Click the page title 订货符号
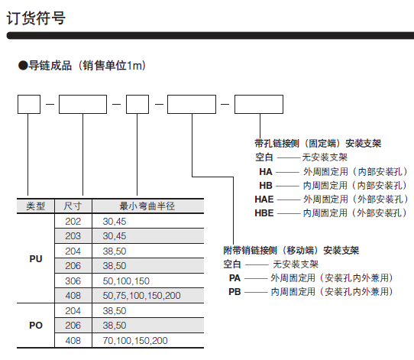(36, 18)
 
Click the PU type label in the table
(36, 259)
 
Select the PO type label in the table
(36, 326)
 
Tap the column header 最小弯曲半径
(147, 206)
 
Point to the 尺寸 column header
(73, 206)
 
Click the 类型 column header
(35, 206)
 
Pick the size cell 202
(73, 222)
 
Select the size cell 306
(73, 281)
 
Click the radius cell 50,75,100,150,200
(142, 296)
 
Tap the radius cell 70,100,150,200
(135, 341)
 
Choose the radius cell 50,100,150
(126, 281)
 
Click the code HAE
(264, 199)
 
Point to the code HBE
(264, 213)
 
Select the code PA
(234, 278)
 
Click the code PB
(234, 291)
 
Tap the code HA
(266, 172)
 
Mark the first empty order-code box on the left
(29, 104)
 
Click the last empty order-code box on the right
(259, 104)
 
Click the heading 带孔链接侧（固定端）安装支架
(318, 144)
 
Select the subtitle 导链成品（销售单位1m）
(82, 66)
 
